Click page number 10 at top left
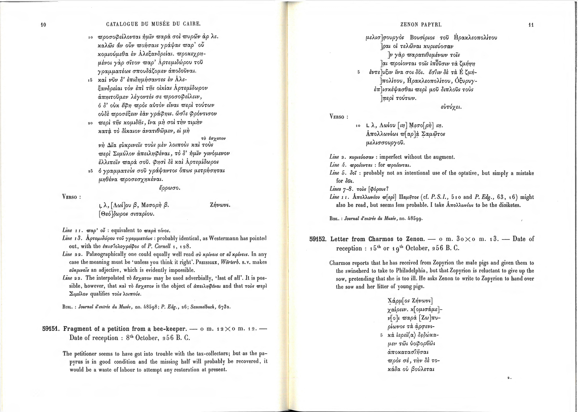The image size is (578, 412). click(43, 25)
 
